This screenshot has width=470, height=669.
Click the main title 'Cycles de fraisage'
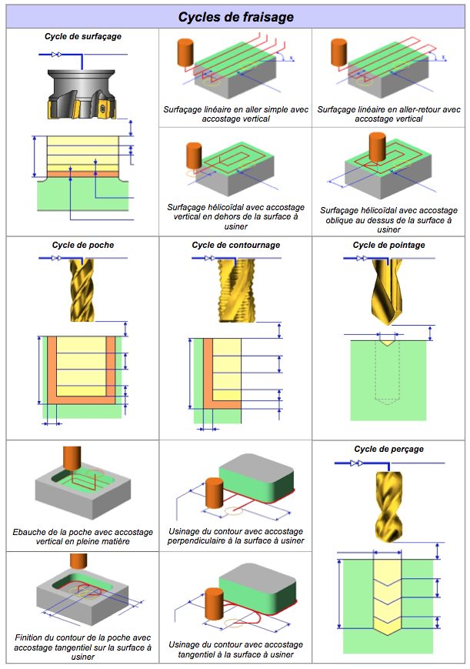pos(236,17)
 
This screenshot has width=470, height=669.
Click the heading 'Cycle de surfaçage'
pos(83,37)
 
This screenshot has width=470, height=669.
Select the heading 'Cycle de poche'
pos(83,245)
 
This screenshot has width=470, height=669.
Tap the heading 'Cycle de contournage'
pos(236,245)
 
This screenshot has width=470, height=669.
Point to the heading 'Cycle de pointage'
pos(388,245)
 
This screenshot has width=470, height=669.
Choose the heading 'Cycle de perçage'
pos(388,449)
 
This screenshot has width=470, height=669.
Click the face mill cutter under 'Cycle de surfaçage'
pos(81,94)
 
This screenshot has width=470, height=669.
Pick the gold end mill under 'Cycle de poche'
pos(82,289)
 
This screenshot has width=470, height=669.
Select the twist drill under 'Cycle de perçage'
pos(389,507)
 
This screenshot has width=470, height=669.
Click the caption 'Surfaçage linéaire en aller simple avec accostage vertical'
pos(236,114)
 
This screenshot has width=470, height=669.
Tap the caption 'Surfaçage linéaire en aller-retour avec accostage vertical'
pos(388,114)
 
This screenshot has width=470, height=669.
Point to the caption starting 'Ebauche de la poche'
pos(83,537)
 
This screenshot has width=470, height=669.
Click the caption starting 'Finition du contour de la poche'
pos(83,647)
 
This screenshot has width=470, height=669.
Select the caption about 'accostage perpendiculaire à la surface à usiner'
pos(236,536)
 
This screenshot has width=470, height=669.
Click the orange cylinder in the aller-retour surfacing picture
pos(339,52)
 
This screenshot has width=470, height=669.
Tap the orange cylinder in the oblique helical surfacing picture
pos(377,147)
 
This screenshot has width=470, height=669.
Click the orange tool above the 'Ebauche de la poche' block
pos(72,459)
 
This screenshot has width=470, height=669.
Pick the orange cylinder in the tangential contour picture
pos(214,604)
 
